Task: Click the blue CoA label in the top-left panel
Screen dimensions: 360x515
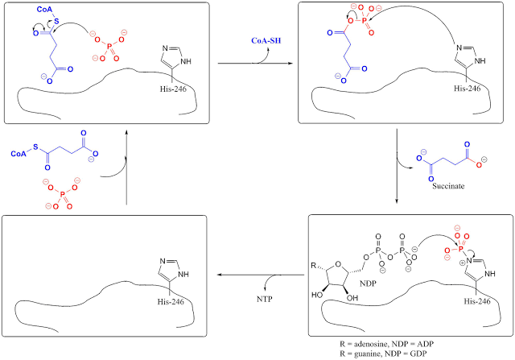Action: tap(44, 9)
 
